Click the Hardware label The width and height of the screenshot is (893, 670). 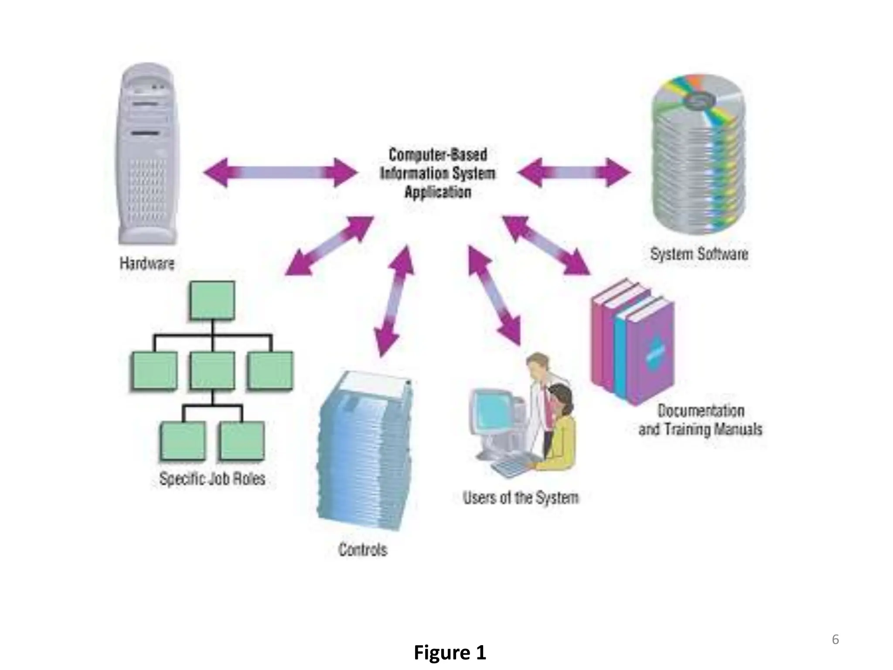[x=147, y=263]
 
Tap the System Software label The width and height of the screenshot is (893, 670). [x=699, y=254]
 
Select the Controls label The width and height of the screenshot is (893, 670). [x=363, y=550]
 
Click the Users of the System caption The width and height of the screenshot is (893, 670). [x=521, y=498]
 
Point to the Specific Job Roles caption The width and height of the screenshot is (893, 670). [x=212, y=479]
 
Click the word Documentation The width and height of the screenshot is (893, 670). [x=701, y=410]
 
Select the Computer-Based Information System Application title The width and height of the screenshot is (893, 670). [x=437, y=173]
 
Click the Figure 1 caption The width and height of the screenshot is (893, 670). [x=450, y=653]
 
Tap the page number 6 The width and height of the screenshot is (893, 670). [x=835, y=639]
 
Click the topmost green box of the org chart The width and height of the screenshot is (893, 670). [x=212, y=301]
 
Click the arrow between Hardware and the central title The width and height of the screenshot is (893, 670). [x=280, y=172]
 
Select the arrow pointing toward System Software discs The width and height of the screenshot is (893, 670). [x=573, y=172]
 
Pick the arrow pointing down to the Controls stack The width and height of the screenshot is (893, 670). [x=394, y=301]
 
